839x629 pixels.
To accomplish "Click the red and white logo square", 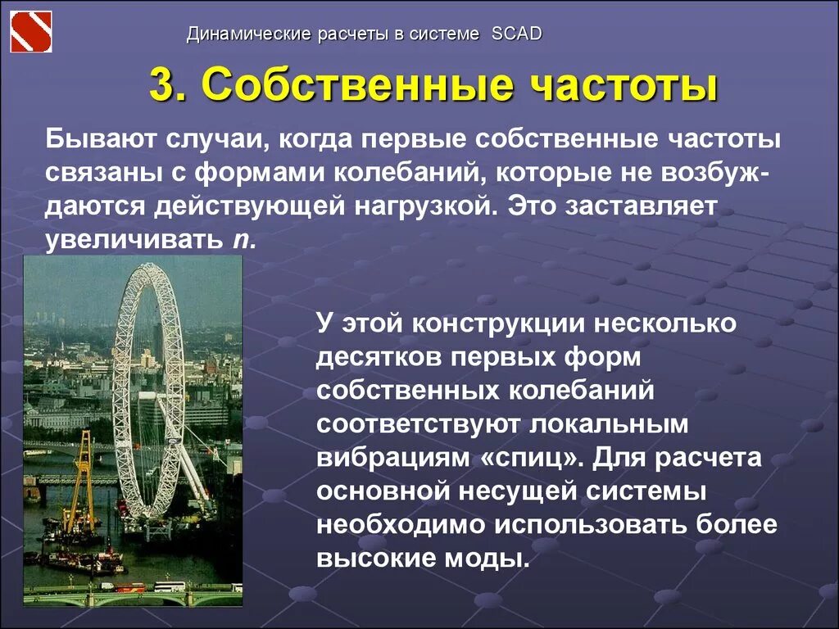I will (x=30, y=31).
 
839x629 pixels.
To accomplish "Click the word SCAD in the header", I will (x=516, y=34).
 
